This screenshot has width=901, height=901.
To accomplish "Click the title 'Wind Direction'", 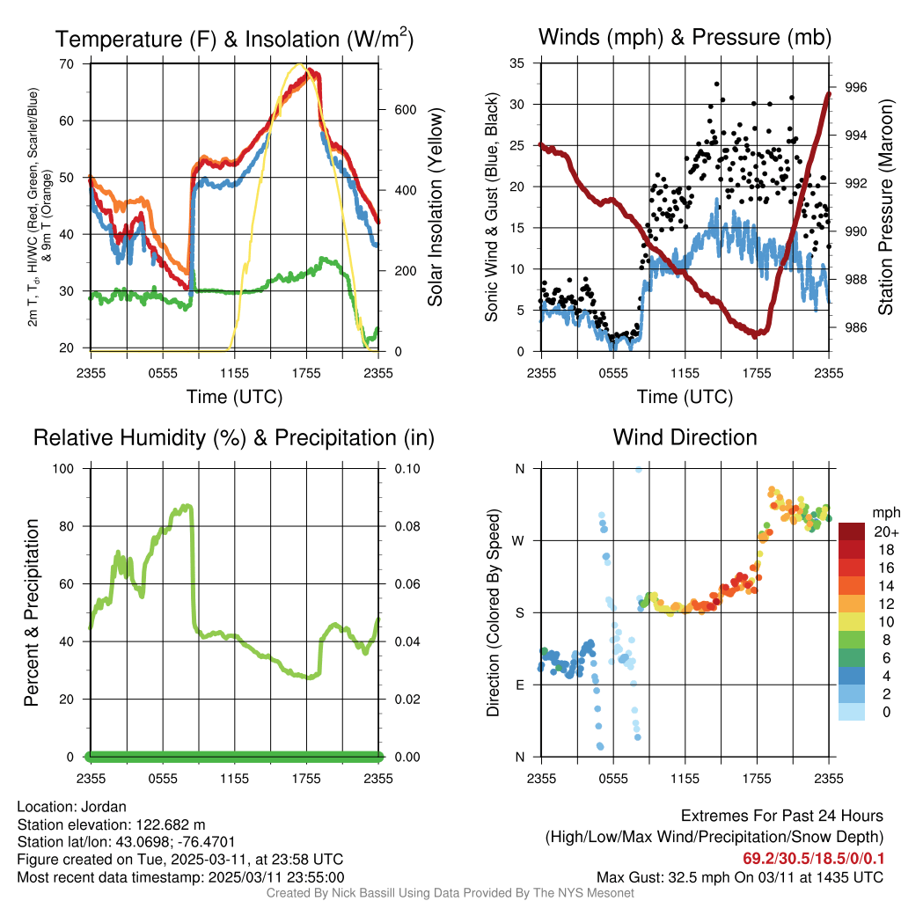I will (685, 437).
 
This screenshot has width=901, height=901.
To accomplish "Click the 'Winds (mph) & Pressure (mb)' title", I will (685, 37).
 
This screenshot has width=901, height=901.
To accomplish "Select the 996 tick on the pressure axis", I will (856, 87).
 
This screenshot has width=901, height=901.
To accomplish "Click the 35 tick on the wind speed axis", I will (517, 63).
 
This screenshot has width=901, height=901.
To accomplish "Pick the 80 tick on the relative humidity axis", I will (66, 526).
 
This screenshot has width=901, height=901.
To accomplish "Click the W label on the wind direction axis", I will (520, 540).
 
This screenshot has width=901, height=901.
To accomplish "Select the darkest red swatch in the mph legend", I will (853, 531).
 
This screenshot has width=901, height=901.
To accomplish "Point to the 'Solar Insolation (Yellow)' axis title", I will (435, 207).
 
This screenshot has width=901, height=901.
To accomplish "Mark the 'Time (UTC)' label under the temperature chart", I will (234, 397).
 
